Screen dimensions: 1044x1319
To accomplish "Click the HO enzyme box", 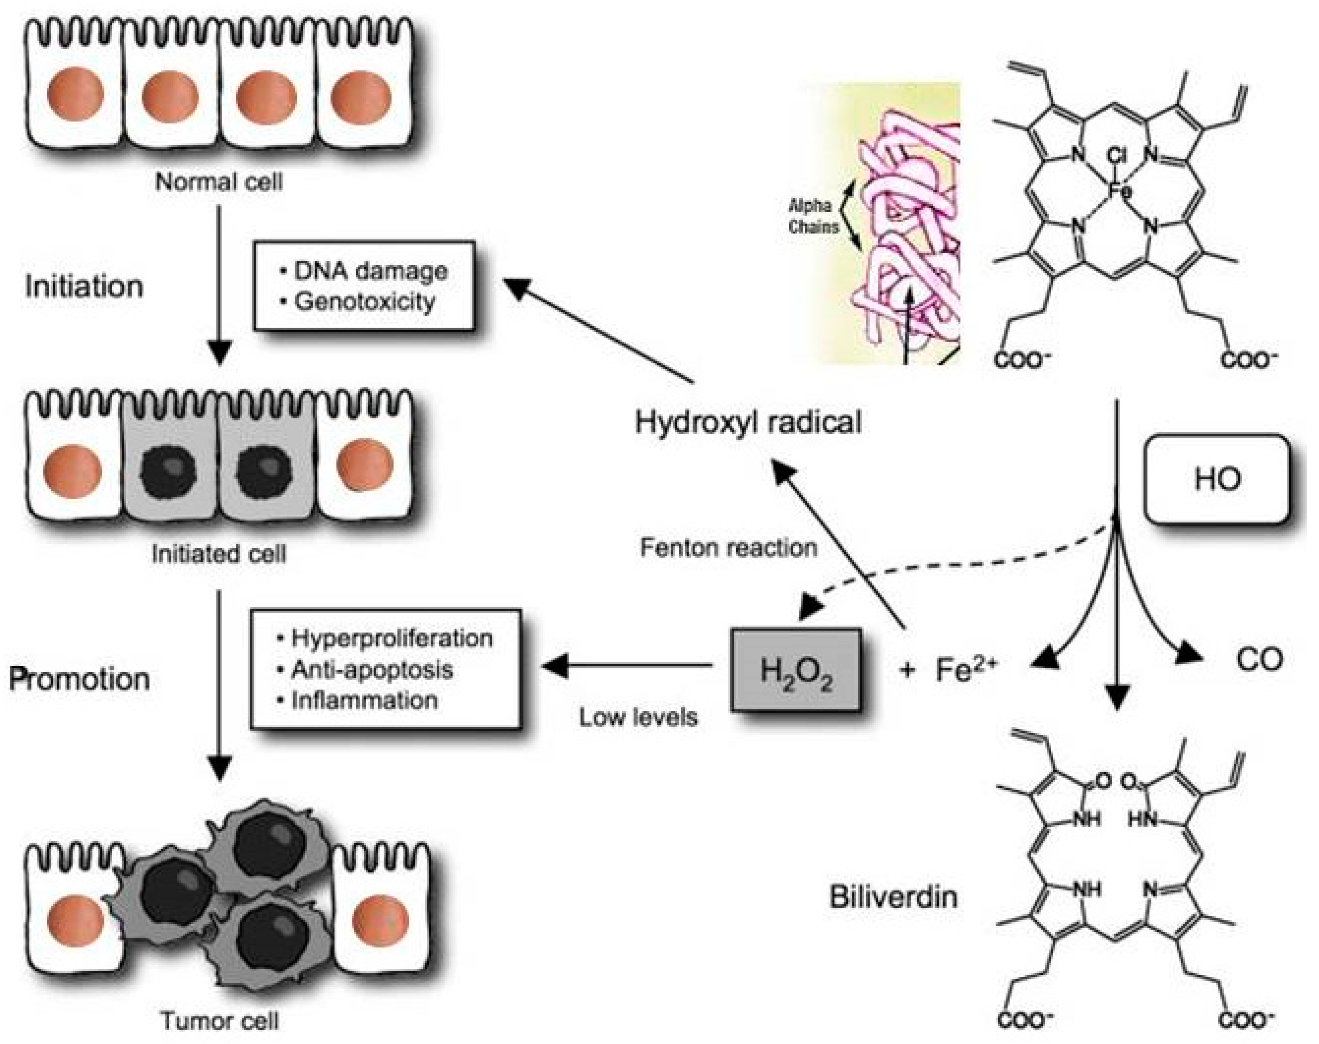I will click(x=1216, y=478).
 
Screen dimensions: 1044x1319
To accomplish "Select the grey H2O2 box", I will click(x=796, y=670).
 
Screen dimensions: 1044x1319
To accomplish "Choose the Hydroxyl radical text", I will click(x=748, y=422).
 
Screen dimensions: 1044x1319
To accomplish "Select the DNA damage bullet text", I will click(x=370, y=271).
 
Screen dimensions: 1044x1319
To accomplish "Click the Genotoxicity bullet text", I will click(x=365, y=302).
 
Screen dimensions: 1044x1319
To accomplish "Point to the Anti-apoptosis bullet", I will click(x=372, y=669).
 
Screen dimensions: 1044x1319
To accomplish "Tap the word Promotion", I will click(x=80, y=679).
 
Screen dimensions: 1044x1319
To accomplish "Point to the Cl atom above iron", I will click(x=1116, y=157).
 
